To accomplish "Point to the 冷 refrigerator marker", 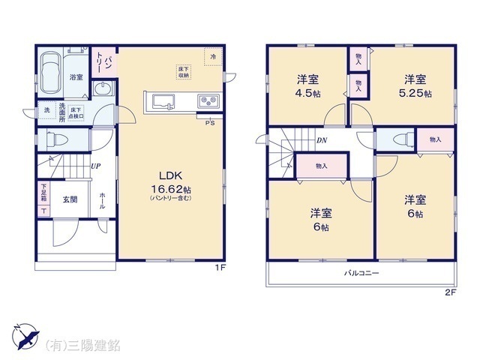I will tap(213, 57).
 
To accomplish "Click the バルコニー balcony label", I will tap(362, 274).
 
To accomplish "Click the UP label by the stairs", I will tap(96, 166).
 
